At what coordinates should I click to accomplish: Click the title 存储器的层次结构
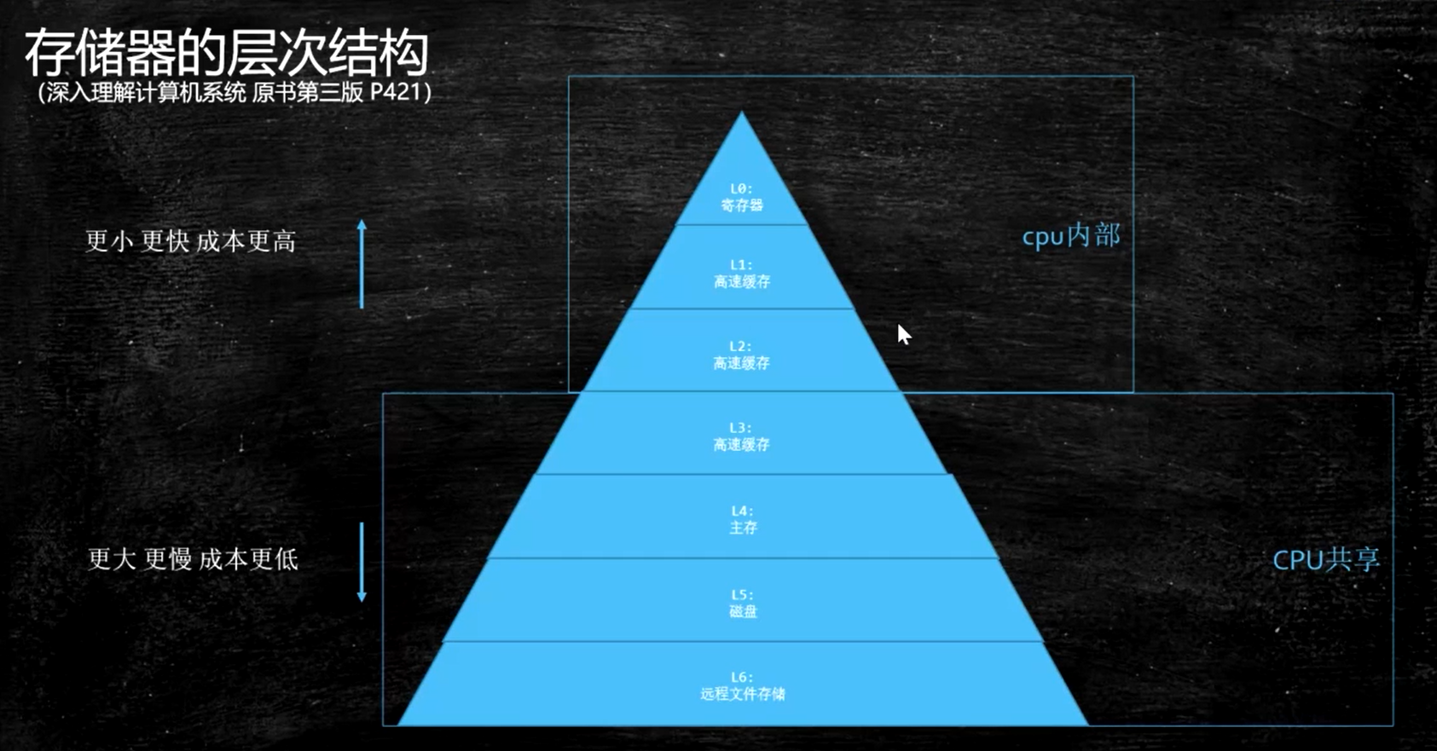pos(227,53)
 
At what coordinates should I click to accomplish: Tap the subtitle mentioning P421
pos(235,92)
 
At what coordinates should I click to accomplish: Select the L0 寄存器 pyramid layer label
pos(741,197)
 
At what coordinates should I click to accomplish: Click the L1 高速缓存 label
pos(741,274)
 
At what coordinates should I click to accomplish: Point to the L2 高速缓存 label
pos(741,355)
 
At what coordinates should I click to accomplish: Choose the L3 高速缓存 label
pos(741,436)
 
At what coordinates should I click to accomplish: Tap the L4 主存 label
pos(742,519)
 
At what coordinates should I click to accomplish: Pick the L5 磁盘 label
pos(742,603)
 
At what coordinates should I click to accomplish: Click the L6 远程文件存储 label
pos(742,685)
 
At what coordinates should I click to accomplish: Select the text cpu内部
pos(1071,235)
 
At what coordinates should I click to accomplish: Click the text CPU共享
pos(1325,559)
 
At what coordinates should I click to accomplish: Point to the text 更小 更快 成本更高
pos(191,242)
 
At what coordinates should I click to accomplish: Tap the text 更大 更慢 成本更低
pos(194,559)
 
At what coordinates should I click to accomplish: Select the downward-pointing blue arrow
pos(362,563)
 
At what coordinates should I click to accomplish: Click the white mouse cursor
pos(903,334)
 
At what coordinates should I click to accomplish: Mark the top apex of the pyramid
pos(741,114)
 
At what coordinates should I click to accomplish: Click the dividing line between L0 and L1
pos(741,225)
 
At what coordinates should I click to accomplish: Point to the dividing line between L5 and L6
pos(742,641)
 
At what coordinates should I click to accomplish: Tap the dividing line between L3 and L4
pos(742,474)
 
